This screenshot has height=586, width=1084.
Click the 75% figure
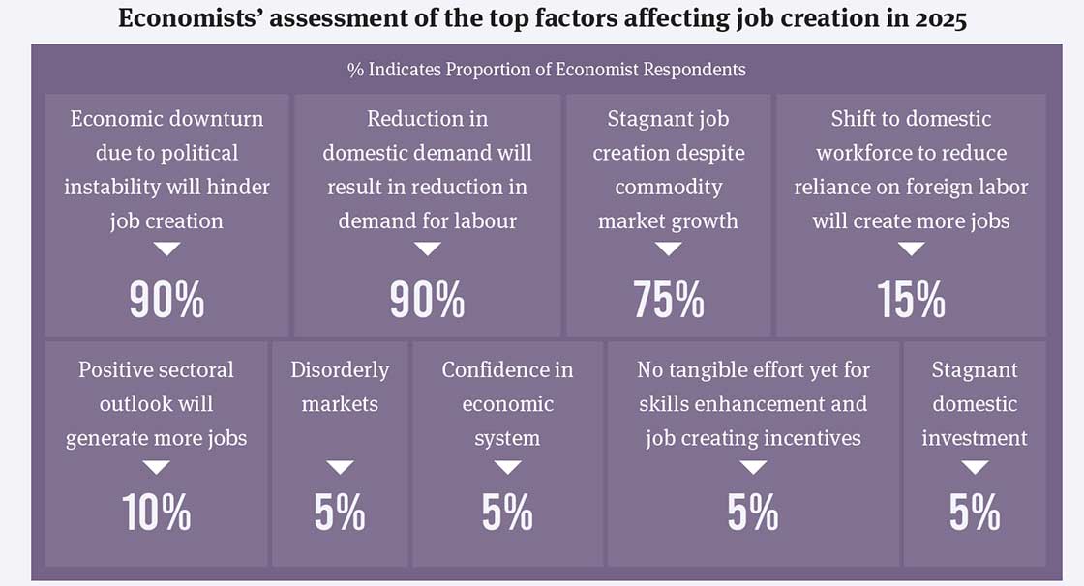[669, 301]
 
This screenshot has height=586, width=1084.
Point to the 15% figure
[911, 301]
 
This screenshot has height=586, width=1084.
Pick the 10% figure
[156, 513]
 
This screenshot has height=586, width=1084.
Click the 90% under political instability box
[166, 301]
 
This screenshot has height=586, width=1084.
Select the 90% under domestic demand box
[427, 301]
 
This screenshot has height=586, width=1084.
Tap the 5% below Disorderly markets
[340, 513]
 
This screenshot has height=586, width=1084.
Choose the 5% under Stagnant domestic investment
[974, 513]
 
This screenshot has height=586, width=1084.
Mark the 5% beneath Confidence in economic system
[507, 513]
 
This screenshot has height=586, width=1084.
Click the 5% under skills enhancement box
[752, 513]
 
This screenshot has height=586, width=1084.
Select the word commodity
[668, 187]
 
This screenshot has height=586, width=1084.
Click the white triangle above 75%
[669, 249]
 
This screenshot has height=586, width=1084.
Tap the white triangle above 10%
[156, 467]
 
